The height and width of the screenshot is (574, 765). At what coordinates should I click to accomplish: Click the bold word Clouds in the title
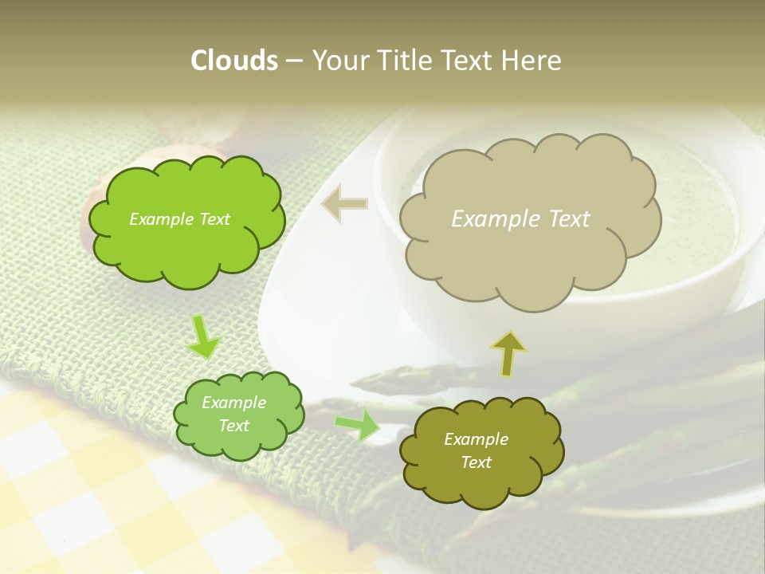[x=233, y=61]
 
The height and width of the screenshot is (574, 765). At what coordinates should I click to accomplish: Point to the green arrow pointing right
[x=358, y=425]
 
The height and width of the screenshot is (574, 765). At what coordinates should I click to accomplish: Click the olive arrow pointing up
[x=508, y=352]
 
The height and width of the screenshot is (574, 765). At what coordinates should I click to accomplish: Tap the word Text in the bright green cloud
[x=213, y=219]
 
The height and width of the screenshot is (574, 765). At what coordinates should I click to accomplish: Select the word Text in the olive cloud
[x=476, y=462]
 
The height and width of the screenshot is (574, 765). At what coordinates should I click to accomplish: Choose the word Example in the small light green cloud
[x=234, y=403]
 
